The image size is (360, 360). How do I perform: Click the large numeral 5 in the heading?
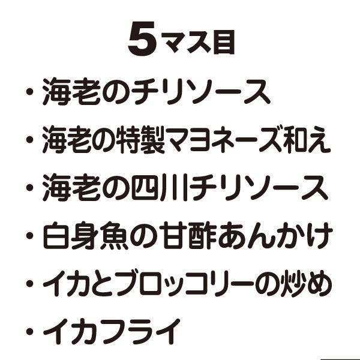point(142,41)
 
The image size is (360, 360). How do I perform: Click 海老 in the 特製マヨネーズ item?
point(67,142)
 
